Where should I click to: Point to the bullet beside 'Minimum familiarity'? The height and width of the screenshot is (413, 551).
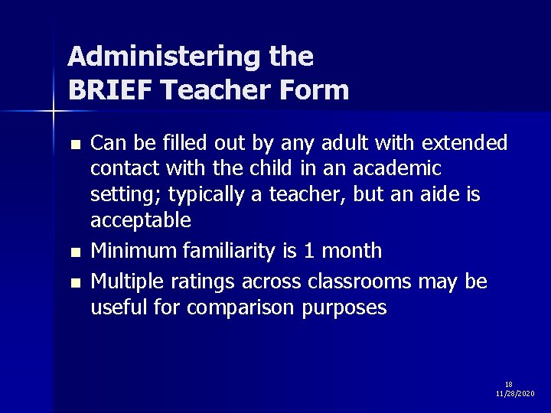click(74, 251)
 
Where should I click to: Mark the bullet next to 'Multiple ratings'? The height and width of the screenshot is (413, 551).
click(74, 283)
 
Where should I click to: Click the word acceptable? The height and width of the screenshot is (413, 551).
click(140, 221)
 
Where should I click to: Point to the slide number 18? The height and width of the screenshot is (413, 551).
click(509, 384)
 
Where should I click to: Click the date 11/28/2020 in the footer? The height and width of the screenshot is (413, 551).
click(515, 393)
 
